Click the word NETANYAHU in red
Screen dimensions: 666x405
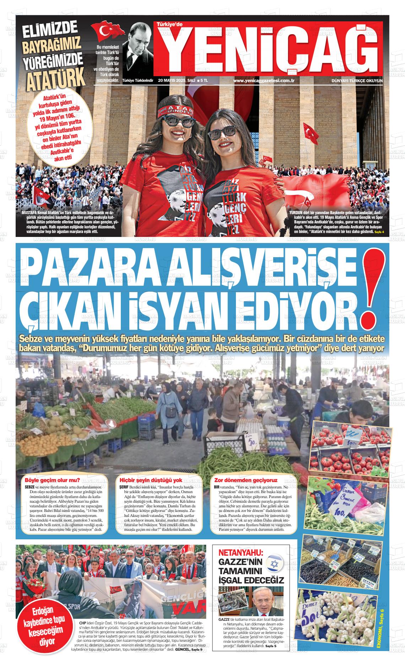241,553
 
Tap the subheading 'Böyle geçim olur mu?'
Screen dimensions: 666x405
50,480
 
